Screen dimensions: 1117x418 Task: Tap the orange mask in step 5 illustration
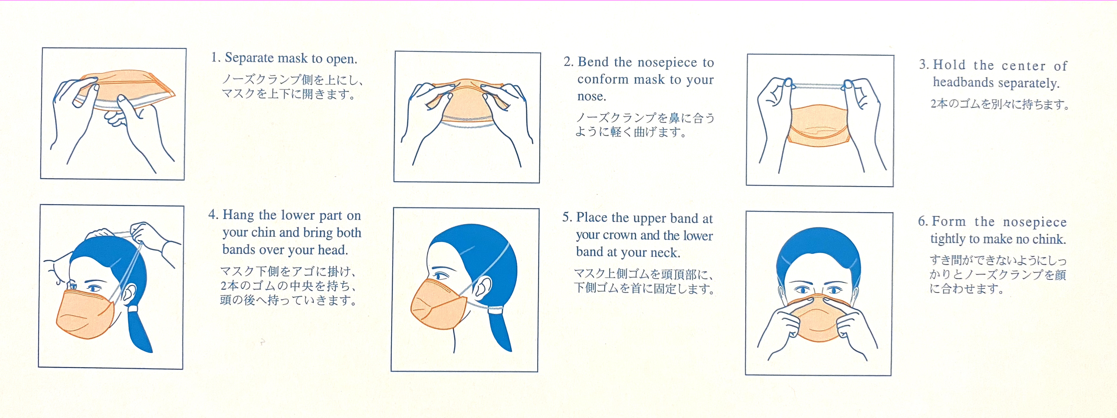pyautogui.click(x=438, y=304)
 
